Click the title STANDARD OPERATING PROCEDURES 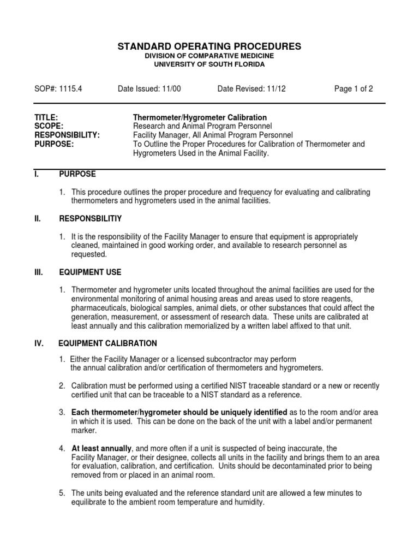click(x=209, y=46)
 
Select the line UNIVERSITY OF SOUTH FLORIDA click(x=209, y=64)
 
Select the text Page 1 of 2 click(x=354, y=89)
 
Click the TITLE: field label click(x=46, y=117)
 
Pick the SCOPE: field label click(x=49, y=126)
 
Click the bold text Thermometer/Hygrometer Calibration click(x=200, y=117)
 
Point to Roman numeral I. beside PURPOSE click(x=37, y=174)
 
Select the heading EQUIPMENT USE click(x=90, y=272)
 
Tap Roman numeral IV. click(x=39, y=343)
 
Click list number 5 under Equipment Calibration click(x=62, y=493)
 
